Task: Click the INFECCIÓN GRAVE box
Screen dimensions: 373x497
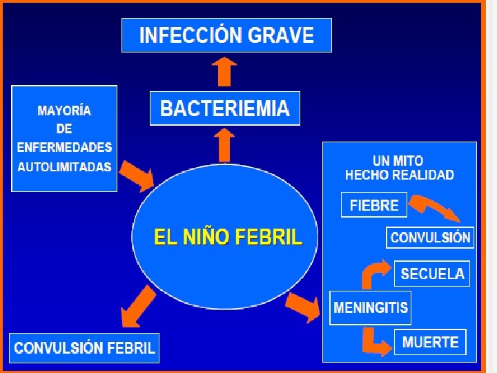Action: (x=226, y=35)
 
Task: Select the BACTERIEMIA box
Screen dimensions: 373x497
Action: (x=225, y=108)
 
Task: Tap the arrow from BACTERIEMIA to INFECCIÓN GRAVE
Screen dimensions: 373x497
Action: (x=224, y=71)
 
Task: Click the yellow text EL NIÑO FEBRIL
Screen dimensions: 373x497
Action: (x=228, y=238)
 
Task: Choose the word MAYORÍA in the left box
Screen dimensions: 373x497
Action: (x=64, y=111)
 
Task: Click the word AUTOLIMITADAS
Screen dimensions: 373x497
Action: (x=64, y=166)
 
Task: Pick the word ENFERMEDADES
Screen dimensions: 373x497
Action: (x=64, y=147)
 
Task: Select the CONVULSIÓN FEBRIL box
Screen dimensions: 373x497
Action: (x=84, y=347)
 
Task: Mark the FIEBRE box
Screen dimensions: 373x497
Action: (x=374, y=205)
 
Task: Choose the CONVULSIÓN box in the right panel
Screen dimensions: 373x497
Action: (x=430, y=238)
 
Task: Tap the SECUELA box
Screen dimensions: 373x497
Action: (x=432, y=274)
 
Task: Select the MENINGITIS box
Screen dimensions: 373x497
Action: (x=371, y=307)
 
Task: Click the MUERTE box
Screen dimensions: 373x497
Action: (x=430, y=342)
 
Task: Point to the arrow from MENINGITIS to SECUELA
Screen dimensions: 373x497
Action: (x=373, y=273)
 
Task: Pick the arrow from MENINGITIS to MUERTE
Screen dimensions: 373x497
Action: (x=376, y=342)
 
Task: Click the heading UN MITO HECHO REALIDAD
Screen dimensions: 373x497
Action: (x=399, y=168)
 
